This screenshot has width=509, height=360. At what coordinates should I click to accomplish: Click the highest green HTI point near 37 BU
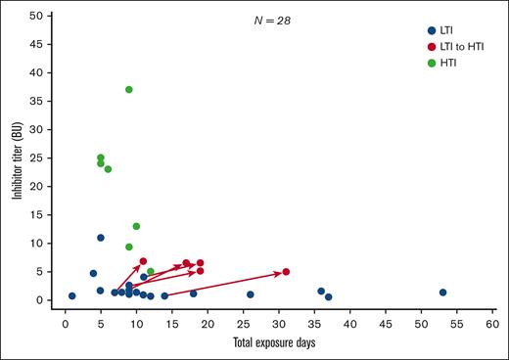pos(129,90)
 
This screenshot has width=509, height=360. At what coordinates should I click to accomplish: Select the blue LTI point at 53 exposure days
pos(442,292)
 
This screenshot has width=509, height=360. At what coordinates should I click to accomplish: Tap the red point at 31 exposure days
pos(286,272)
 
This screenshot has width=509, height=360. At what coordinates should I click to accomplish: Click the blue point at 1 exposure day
pos(72,295)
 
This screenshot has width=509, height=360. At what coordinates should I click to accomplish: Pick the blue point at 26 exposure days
pos(251,294)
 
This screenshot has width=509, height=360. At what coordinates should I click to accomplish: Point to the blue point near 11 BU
pos(101,238)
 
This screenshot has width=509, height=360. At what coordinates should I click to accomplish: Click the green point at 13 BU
pos(136,227)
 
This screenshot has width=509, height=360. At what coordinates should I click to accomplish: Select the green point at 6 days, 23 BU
pos(108,169)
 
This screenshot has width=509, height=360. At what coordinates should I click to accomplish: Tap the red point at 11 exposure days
pos(143,261)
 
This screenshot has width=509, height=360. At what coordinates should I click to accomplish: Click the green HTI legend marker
pos(432,63)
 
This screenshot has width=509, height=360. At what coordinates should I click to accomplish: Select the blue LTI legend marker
pos(432,29)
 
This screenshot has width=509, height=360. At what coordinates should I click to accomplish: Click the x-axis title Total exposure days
pos(278,341)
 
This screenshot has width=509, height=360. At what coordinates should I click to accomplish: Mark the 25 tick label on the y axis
pos(41,158)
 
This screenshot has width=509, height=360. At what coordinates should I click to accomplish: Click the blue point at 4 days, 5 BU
pos(94,274)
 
